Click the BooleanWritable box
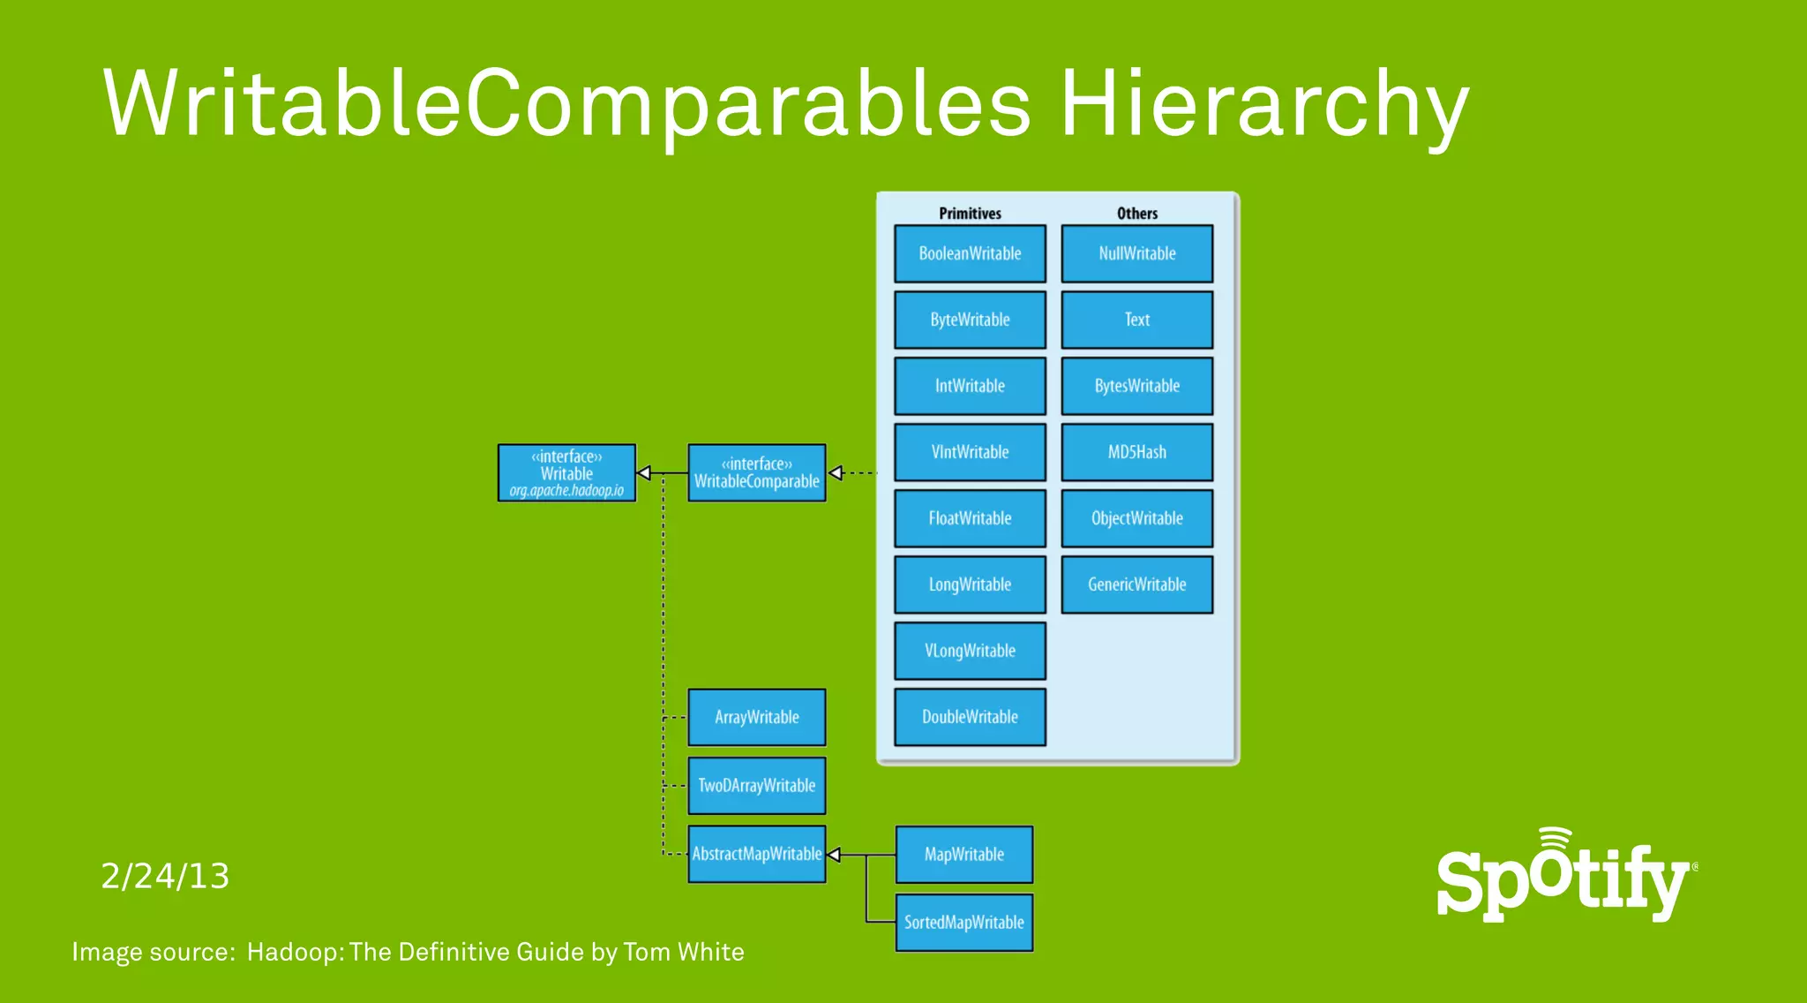coord(970,253)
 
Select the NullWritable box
coord(1136,253)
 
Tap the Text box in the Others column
coord(1136,320)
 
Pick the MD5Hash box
coord(1136,452)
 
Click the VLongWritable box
coord(970,651)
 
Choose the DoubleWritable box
coord(970,717)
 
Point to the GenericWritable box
coord(1136,584)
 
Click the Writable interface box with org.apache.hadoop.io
coord(566,473)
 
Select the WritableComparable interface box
coord(756,473)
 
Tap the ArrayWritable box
coord(756,717)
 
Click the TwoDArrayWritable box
coord(756,785)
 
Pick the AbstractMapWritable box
coord(756,854)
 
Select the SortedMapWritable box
coord(963,922)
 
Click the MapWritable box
coord(963,854)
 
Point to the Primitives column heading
coord(970,214)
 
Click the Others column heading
coord(1136,214)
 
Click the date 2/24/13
coord(165,876)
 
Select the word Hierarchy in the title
coord(1263,106)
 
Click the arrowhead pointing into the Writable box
coord(644,473)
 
